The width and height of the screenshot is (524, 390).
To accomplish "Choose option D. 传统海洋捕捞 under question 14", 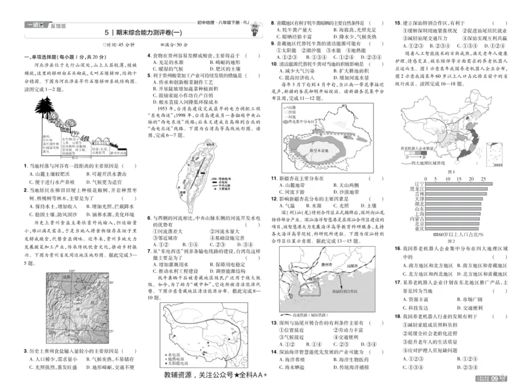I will [x=352, y=368].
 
